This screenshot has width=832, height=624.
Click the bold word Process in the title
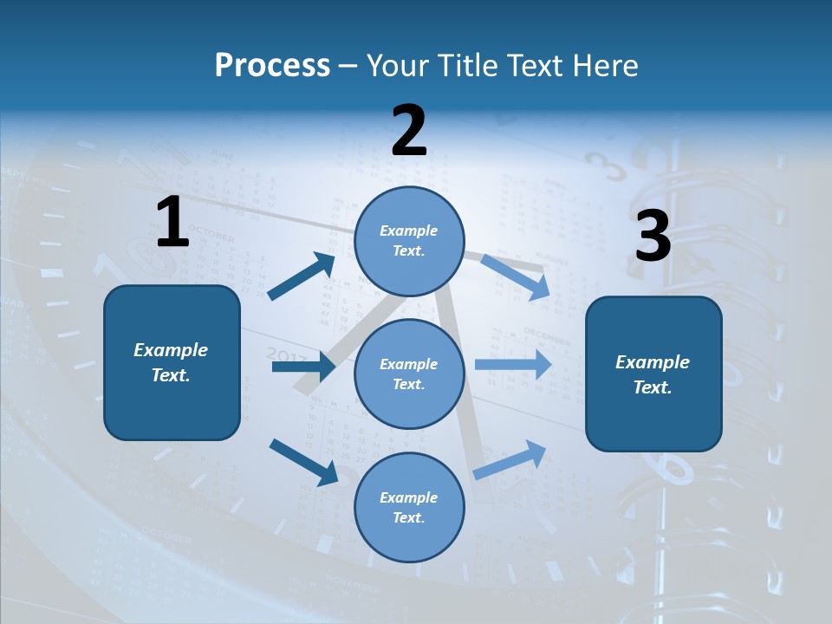pos(272,65)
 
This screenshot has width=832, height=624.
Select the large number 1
pos(172,222)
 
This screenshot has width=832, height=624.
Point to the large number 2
pos(409,130)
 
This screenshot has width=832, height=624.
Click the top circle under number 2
pos(409,241)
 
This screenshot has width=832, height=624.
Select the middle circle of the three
pos(409,374)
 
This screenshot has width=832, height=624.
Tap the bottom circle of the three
pos(409,507)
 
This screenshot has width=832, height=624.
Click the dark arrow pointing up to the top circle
pos(302,276)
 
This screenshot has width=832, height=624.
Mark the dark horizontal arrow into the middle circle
pos(303,367)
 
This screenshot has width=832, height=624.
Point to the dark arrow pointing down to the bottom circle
pos(303,462)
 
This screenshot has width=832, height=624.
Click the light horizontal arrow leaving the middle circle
pos(513,364)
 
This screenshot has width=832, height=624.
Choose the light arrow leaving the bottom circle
pos(510,459)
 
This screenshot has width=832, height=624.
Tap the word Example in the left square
pos(171,350)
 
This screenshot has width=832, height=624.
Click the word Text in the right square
pos(653,387)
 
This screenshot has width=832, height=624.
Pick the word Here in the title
pos(606,65)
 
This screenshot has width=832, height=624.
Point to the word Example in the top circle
pos(409,231)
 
